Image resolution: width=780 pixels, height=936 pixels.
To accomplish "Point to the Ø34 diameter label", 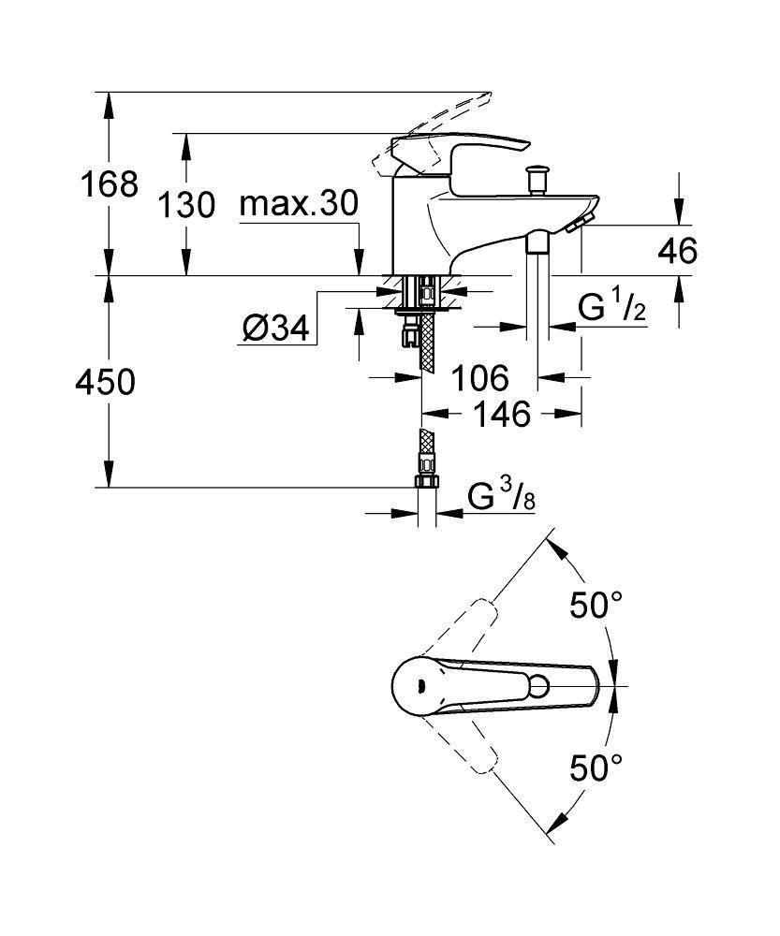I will pos(275,328).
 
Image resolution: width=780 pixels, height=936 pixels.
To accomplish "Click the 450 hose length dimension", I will pos(104,382).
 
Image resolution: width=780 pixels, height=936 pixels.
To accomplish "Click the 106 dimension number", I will pos(479,379).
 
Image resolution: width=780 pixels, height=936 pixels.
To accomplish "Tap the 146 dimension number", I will pos(501,413).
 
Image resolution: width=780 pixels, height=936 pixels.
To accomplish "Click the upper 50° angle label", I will pos(597,607).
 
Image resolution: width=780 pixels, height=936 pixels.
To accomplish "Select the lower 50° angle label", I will pos(597,769).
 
